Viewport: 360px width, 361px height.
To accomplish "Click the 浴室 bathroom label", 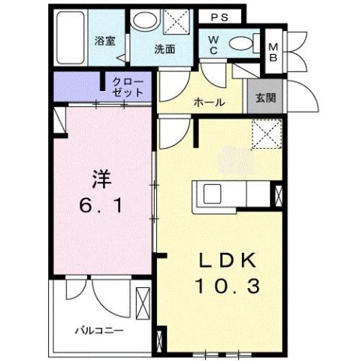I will (x=104, y=41).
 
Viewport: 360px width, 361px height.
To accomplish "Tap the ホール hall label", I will (x=208, y=102).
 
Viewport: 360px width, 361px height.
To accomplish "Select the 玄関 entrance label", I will (x=265, y=98).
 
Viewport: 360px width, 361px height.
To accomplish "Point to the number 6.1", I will (x=101, y=204).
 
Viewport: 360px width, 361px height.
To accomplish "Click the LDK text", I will (x=228, y=261).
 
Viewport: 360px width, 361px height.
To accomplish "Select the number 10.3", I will (x=228, y=286).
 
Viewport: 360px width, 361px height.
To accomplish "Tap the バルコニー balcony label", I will (x=98, y=329).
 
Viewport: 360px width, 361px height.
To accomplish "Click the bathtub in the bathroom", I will (x=70, y=38).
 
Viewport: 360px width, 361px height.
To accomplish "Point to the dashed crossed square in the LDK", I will (x=264, y=136).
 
